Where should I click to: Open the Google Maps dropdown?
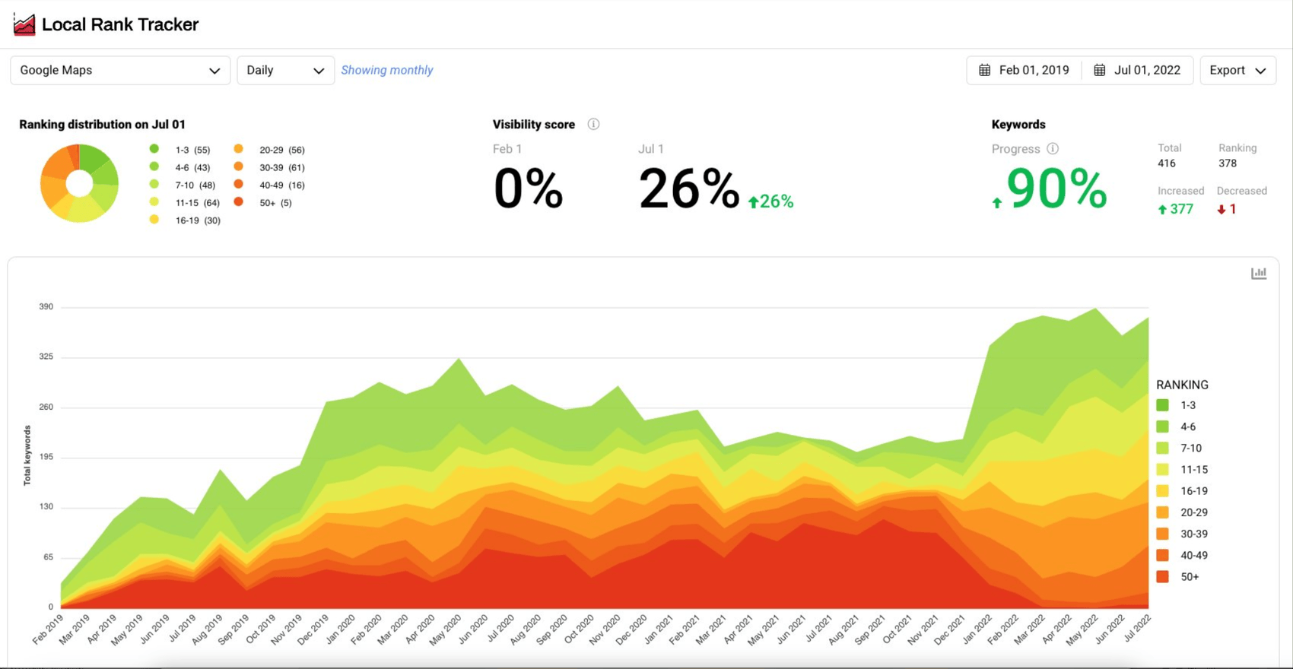pos(119,70)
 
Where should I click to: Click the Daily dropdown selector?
pos(285,70)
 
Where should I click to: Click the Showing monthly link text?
pos(386,70)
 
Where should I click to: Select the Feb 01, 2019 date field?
pos(1024,70)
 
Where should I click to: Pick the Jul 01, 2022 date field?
pos(1138,70)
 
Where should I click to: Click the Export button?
pos(1237,70)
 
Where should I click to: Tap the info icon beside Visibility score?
pos(593,124)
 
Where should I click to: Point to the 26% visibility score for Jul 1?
pos(688,189)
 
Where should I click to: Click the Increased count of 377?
pos(1176,209)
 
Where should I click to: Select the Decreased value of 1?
pos(1227,209)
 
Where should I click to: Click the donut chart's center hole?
pos(79,183)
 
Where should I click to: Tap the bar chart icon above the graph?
pos(1259,273)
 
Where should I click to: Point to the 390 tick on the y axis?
pos(46,306)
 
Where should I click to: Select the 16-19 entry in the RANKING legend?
pos(1193,491)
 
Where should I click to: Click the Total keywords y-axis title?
pos(27,455)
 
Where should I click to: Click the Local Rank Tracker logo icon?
pos(24,24)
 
